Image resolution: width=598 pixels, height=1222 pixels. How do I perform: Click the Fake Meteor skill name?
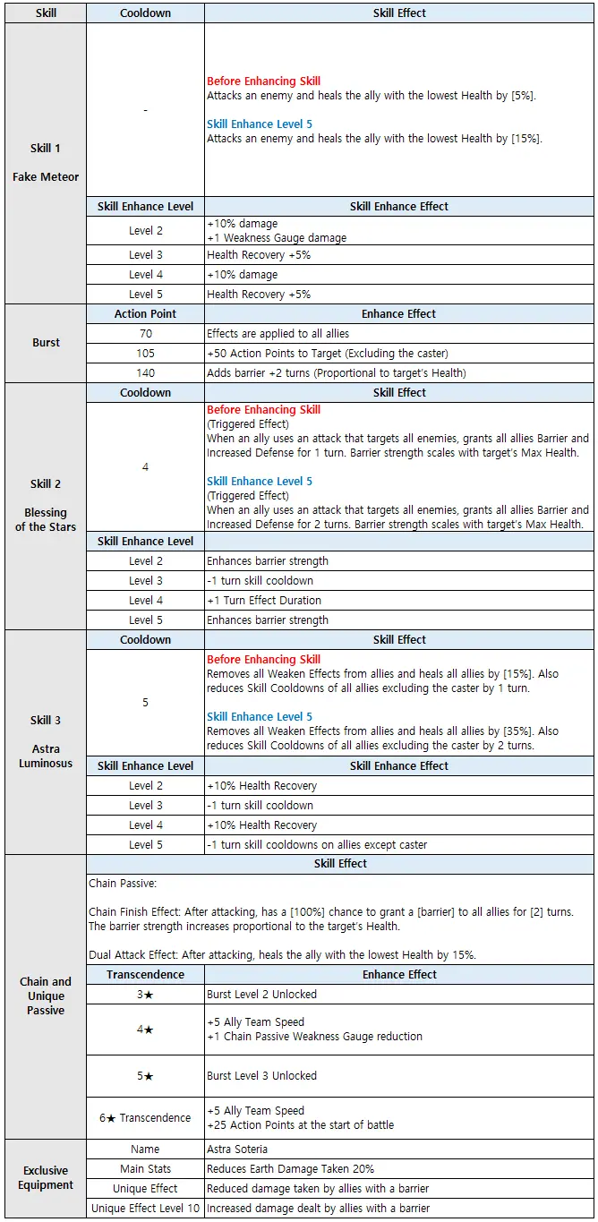pyautogui.click(x=46, y=177)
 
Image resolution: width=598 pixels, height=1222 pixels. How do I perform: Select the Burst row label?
pyautogui.click(x=46, y=343)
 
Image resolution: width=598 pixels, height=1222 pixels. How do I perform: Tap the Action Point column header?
pyautogui.click(x=145, y=314)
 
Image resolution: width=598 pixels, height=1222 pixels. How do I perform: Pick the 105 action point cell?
pyautogui.click(x=145, y=354)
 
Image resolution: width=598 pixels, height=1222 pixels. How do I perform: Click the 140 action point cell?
pyautogui.click(x=145, y=373)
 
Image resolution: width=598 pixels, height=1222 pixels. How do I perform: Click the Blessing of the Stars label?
pyautogui.click(x=46, y=520)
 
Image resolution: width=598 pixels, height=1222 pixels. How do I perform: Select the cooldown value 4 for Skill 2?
pyautogui.click(x=145, y=467)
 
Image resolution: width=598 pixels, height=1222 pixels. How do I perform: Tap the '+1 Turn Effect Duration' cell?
pyautogui.click(x=264, y=601)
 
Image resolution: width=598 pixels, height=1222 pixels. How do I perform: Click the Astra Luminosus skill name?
pyautogui.click(x=46, y=756)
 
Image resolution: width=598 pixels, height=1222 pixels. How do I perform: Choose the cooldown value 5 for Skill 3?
pyautogui.click(x=145, y=703)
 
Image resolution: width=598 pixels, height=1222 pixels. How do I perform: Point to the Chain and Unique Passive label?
pyautogui.click(x=46, y=996)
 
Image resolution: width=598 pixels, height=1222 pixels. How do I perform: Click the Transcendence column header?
pyautogui.click(x=145, y=975)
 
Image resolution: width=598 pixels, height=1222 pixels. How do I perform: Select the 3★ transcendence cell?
pyautogui.click(x=145, y=995)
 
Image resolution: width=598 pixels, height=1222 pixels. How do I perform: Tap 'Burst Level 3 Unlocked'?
pyautogui.click(x=261, y=1076)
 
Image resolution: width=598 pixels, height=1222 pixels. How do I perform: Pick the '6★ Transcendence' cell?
pyautogui.click(x=145, y=1118)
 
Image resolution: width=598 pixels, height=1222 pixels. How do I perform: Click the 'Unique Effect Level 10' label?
pyautogui.click(x=145, y=1209)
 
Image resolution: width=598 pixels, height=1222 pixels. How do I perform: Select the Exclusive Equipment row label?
pyautogui.click(x=46, y=1178)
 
